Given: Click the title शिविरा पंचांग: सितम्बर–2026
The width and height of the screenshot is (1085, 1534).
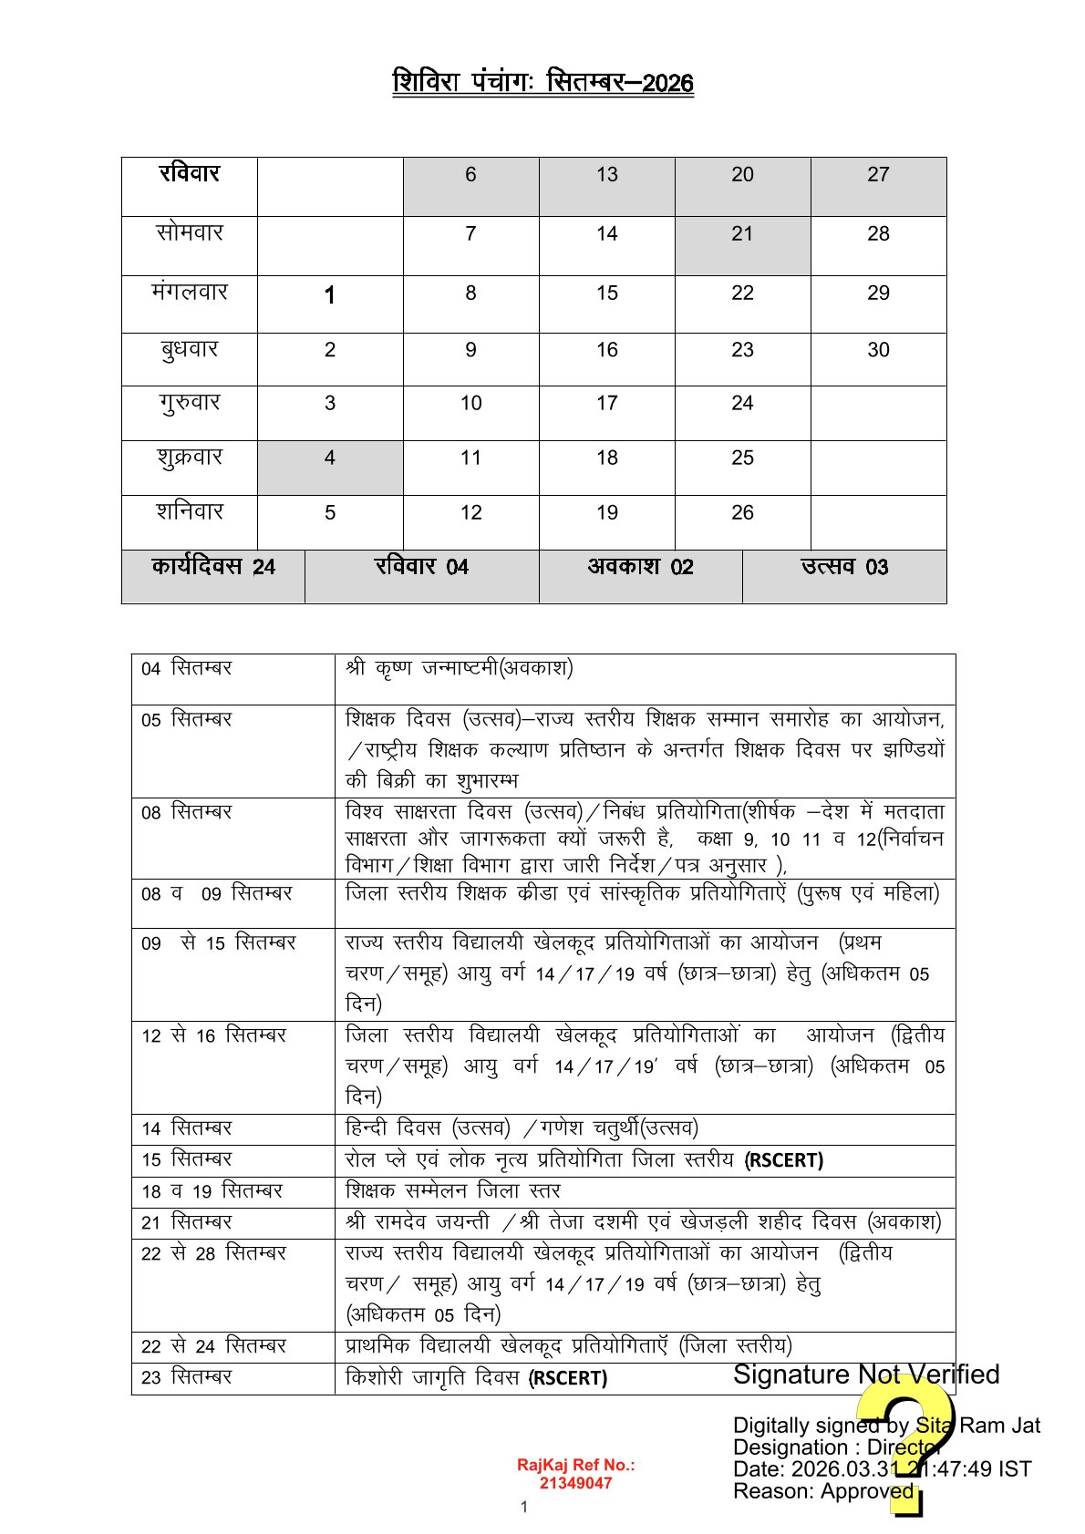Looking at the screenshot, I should pyautogui.click(x=542, y=83).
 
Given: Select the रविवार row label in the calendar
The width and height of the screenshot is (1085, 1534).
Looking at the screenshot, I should pyautogui.click(x=190, y=174).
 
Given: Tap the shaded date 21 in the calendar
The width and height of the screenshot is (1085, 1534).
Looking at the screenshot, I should pyautogui.click(x=742, y=234).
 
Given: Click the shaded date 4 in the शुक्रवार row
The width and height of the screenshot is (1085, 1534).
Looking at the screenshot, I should pyautogui.click(x=330, y=458).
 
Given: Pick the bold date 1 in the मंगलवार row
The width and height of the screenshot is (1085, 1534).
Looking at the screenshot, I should pyautogui.click(x=330, y=294).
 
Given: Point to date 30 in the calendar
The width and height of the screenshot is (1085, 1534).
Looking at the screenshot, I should pyautogui.click(x=878, y=350).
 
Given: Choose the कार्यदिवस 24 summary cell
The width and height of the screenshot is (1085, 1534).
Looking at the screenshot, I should pyautogui.click(x=213, y=567).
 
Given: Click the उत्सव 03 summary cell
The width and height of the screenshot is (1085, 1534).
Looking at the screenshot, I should pyautogui.click(x=844, y=567).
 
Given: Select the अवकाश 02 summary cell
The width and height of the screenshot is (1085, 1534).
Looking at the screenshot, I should pyautogui.click(x=640, y=567).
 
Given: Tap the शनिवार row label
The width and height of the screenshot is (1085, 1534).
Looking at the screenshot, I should pyautogui.click(x=190, y=512).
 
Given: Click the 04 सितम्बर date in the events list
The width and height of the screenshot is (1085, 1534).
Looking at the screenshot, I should pyautogui.click(x=187, y=668).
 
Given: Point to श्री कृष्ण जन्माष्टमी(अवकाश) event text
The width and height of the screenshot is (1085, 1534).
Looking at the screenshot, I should pyautogui.click(x=460, y=668).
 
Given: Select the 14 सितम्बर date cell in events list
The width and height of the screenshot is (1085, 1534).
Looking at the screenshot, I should pyautogui.click(x=187, y=1128).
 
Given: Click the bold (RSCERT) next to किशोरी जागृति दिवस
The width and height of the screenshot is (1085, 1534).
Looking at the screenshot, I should pyautogui.click(x=568, y=1378).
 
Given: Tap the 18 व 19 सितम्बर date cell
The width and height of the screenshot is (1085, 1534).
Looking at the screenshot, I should pyautogui.click(x=212, y=1191).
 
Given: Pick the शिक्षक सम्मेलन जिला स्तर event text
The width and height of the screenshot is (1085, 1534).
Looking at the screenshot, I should pyautogui.click(x=453, y=1191).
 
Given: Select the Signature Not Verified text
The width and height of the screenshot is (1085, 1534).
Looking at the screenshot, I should pyautogui.click(x=866, y=1374).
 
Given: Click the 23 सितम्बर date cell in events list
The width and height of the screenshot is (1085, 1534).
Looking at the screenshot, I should pyautogui.click(x=187, y=1377).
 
